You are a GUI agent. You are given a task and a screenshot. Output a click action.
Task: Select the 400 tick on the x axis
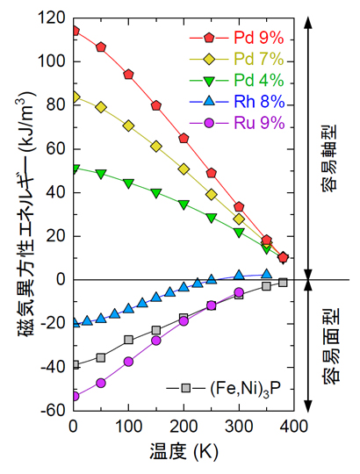[294, 427]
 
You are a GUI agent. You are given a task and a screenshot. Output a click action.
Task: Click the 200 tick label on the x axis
[184, 427]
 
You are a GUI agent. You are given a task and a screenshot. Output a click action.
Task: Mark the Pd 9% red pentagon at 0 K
[74, 31]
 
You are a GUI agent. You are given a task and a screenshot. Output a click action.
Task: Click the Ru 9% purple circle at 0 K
[74, 396]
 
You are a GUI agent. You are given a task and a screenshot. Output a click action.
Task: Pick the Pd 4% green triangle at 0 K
[74, 168]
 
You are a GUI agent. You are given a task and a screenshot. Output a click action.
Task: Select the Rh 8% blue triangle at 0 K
[74, 323]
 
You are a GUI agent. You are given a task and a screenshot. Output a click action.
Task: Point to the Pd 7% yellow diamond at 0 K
[74, 97]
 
